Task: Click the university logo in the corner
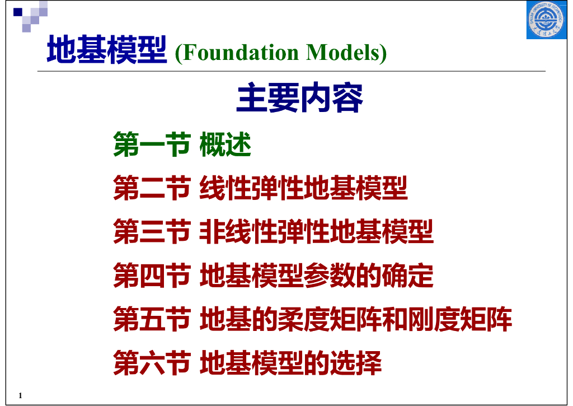coord(546,21)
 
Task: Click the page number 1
coord(20,396)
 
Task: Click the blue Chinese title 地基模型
coord(107,52)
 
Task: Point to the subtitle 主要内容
coord(300,99)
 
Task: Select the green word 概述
coord(226,144)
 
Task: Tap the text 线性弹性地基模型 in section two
coord(304,188)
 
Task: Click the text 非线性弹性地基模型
coord(317,232)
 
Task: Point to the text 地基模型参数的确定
coord(317,276)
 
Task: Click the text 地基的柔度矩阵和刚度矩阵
coord(356,319)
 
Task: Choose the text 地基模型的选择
coord(291,363)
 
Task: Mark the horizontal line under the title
coord(291,72)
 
